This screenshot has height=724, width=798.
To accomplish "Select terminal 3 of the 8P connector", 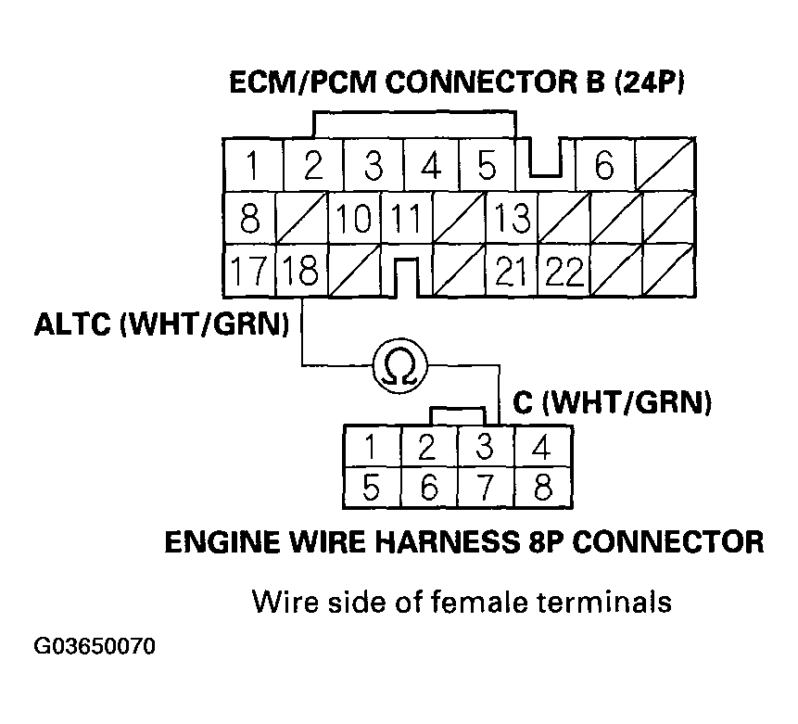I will (484, 448).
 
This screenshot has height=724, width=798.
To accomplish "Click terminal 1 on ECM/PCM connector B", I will (250, 166).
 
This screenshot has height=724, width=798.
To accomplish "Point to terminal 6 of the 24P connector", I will (604, 166).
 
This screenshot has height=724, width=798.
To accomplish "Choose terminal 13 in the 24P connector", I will (512, 219).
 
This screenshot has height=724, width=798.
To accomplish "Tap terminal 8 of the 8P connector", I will (541, 487).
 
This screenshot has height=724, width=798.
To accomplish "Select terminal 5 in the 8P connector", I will (372, 487).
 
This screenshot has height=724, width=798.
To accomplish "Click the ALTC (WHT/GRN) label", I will (160, 325).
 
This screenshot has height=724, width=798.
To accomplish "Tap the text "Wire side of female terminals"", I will (461, 602).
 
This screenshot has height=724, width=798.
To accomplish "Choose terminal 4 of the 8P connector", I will (541, 448).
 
